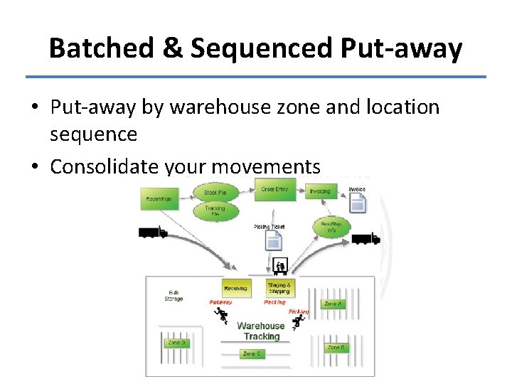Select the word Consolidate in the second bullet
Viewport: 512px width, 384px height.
pos(105,166)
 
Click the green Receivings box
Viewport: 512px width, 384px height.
pos(159,198)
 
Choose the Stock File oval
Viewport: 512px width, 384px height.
pos(215,192)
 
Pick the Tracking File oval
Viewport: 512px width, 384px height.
pos(215,210)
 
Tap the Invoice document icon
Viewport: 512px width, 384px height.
pos(358,202)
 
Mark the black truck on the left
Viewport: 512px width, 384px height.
pos(152,233)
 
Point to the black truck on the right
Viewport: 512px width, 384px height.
pos(366,239)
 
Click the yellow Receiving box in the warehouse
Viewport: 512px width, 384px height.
pos(236,288)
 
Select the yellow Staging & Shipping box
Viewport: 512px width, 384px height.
pos(279,288)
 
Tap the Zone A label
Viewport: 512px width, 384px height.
pos(334,304)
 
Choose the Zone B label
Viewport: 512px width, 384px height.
pos(336,348)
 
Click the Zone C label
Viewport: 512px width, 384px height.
pos(251,353)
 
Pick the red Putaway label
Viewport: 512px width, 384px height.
pos(220,302)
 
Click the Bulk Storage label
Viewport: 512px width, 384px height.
pos(174,295)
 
